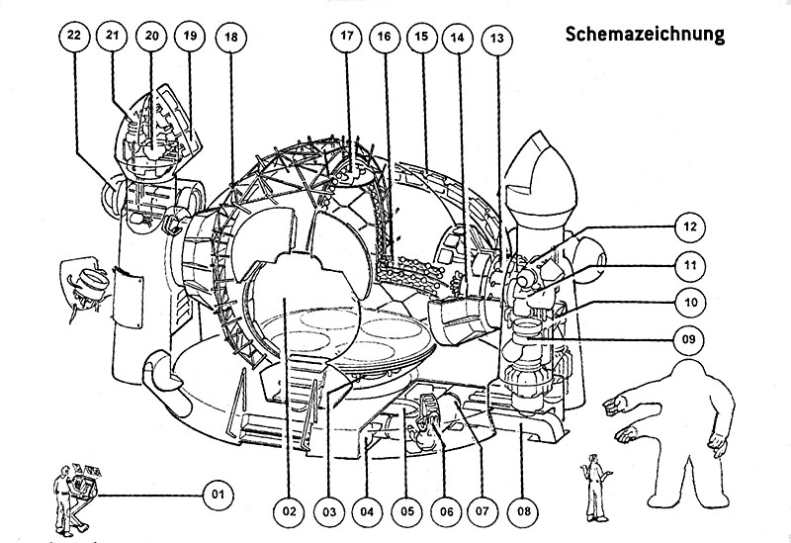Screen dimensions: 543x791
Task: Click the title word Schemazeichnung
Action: (x=645, y=34)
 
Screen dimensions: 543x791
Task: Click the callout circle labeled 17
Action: (x=346, y=37)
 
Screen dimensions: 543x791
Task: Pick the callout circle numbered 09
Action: (x=691, y=339)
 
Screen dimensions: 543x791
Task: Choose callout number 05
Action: (x=405, y=511)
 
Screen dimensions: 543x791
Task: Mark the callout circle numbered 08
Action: (x=521, y=511)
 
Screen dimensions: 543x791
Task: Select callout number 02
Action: (x=289, y=511)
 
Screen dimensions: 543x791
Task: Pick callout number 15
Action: (x=421, y=37)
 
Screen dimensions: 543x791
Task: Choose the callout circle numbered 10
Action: (x=691, y=301)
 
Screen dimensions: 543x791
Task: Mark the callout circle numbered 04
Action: (x=366, y=511)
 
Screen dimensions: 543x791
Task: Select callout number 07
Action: (x=482, y=511)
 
